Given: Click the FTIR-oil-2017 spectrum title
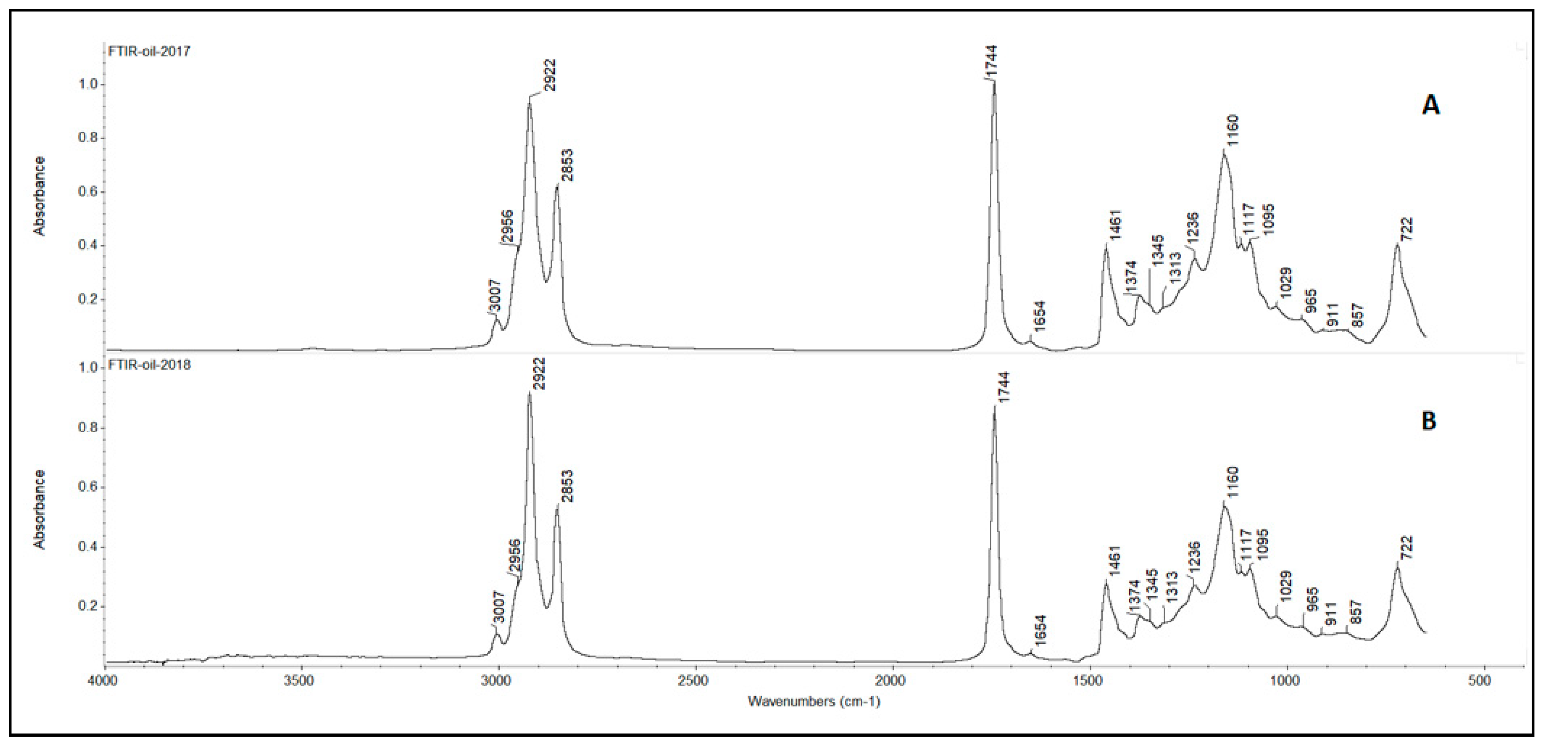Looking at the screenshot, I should point(149,52).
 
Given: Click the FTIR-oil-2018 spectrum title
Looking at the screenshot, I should point(149,364).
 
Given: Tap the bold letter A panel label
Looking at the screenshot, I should point(1430,106).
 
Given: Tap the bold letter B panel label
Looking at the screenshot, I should point(1429,422).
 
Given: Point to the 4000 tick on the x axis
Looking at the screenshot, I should point(105,681).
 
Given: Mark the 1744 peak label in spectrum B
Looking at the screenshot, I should point(1004,388).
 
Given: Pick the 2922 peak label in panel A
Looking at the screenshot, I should point(549,75).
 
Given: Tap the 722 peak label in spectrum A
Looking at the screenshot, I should point(1407,229).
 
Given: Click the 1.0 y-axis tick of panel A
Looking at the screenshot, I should point(88,85).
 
